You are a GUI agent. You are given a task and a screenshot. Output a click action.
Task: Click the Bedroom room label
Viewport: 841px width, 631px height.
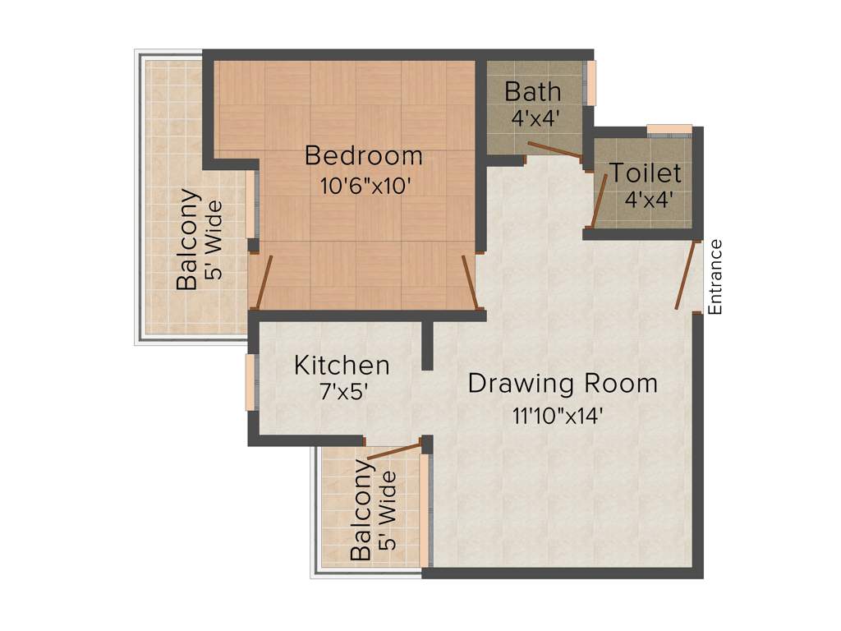(363, 155)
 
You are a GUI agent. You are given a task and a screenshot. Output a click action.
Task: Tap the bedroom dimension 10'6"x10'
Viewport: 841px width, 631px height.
(365, 185)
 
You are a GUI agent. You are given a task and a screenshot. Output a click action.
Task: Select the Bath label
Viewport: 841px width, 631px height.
(532, 90)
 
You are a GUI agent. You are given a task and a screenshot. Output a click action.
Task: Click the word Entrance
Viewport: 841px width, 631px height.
(715, 277)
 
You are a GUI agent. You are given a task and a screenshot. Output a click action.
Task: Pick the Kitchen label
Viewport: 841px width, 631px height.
(342, 365)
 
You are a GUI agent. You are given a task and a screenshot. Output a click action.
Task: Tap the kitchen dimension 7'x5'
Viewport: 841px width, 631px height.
(342, 392)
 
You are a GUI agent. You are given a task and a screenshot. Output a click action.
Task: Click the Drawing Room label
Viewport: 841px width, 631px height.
(563, 384)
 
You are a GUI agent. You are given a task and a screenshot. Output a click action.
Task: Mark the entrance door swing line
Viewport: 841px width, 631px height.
(685, 276)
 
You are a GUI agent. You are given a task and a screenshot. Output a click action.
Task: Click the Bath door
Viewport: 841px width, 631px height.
(555, 150)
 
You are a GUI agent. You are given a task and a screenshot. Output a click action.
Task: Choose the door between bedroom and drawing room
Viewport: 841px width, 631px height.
(470, 282)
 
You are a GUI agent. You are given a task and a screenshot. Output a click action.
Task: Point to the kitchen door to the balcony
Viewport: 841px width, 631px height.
(395, 449)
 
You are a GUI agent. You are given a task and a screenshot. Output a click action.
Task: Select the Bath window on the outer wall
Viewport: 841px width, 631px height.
(591, 82)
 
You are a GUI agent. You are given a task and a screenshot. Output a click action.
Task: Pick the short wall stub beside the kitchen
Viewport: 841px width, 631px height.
(427, 345)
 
